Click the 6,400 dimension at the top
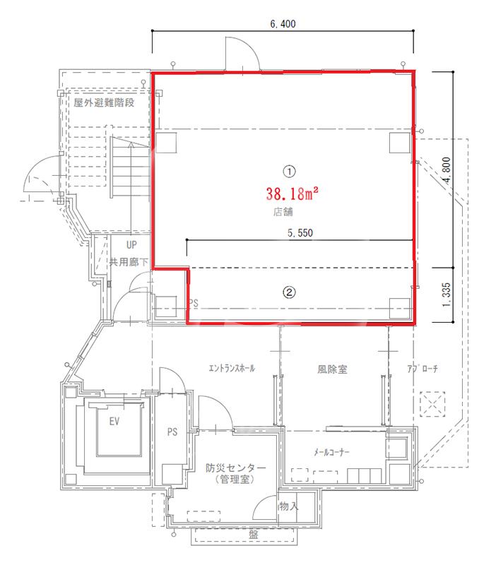[x=283, y=24]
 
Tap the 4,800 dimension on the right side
[x=447, y=170]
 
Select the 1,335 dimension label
[x=447, y=295]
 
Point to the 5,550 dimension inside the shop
[x=300, y=233]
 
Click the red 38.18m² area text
[x=292, y=194]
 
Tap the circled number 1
[x=290, y=171]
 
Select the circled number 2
[x=289, y=292]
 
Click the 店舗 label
[x=283, y=211]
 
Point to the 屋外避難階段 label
[x=104, y=102]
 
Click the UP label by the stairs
[x=131, y=245]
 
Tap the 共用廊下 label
[x=129, y=262]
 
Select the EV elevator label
[x=114, y=421]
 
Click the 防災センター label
[x=236, y=468]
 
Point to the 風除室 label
[x=332, y=369]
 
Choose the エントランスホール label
[x=232, y=368]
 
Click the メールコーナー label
[x=331, y=452]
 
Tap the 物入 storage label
[x=288, y=506]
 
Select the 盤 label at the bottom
[x=253, y=535]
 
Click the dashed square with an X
[x=432, y=404]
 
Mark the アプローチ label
[x=423, y=369]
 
